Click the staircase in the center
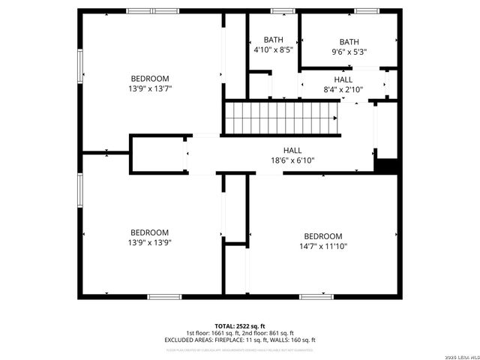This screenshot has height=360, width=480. [x=281, y=118]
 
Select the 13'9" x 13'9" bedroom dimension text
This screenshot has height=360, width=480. [x=150, y=243]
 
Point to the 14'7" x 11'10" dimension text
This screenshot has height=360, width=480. [x=322, y=246]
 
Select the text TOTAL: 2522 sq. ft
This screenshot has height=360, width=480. [x=240, y=326]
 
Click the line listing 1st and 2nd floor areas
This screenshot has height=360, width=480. [x=240, y=333]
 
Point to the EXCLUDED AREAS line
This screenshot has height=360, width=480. [x=240, y=340]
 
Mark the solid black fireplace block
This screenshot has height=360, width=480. [x=387, y=165]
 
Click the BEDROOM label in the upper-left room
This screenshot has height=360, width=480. [x=150, y=79]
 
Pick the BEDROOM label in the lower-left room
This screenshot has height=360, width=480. [x=150, y=232]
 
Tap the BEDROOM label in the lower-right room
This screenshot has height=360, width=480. [x=322, y=236]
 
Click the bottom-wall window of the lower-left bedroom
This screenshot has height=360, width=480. [x=164, y=297]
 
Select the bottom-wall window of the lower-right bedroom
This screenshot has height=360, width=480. [x=316, y=297]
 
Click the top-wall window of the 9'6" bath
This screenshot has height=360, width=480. [x=366, y=11]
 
